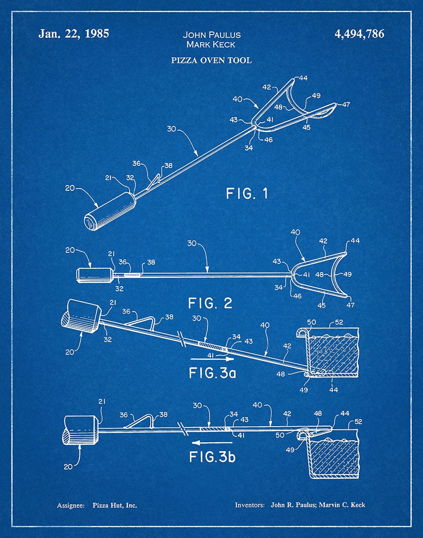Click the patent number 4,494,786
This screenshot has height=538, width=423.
click(x=359, y=34)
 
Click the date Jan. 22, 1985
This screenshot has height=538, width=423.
click(x=73, y=34)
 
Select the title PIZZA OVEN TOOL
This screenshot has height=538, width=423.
click(x=211, y=61)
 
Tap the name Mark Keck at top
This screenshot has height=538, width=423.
click(x=211, y=44)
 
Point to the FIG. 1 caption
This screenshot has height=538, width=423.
click(x=247, y=194)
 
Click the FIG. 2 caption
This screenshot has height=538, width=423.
click(x=210, y=303)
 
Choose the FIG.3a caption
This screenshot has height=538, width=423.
click(x=212, y=373)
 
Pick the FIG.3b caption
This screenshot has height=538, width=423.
click(x=212, y=457)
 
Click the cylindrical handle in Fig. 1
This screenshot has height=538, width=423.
click(x=110, y=211)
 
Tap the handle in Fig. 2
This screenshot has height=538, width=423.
click(x=95, y=275)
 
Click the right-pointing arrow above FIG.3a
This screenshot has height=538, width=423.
click(x=212, y=359)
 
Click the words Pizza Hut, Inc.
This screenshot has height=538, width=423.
click(x=115, y=505)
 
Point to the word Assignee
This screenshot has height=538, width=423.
click(x=70, y=506)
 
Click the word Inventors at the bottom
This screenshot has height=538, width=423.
click(x=250, y=505)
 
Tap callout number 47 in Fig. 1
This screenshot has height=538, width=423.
click(x=346, y=104)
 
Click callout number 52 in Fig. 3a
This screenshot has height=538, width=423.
click(x=339, y=322)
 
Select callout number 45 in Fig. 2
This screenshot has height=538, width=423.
click(x=321, y=305)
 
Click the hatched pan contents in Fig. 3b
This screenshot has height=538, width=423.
click(x=333, y=457)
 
